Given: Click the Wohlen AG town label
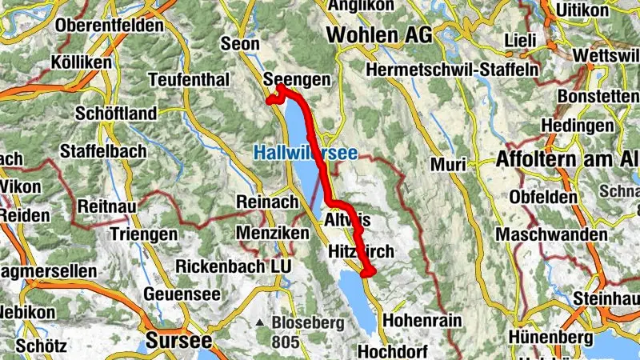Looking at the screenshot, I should click(378, 35).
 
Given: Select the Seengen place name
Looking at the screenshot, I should click(297, 80).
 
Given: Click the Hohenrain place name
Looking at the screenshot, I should click(423, 320).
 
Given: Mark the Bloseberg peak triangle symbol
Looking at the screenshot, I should click(259, 324).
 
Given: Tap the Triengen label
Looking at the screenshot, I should click(142, 234).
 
